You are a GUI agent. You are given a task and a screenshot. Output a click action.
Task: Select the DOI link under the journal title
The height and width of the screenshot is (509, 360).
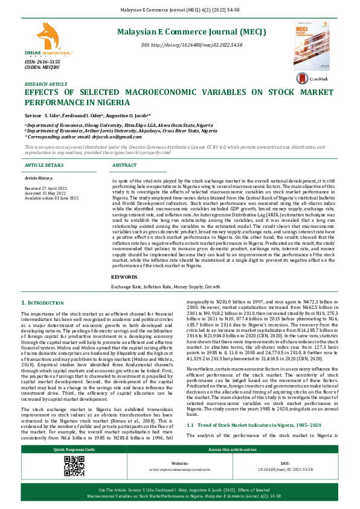tap(191, 45)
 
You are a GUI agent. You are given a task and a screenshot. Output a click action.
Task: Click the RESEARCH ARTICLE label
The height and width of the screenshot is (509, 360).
tap(46, 84)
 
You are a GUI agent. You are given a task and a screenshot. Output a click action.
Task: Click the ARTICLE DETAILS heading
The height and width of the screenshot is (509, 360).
tap(43, 165)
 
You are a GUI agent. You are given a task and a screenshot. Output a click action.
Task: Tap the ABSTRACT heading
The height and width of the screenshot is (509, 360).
tap(124, 165)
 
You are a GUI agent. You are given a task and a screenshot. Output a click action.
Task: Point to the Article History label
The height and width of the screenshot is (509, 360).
tap(39, 178)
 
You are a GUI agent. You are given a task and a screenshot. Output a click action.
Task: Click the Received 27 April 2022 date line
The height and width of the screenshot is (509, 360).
tap(51, 189)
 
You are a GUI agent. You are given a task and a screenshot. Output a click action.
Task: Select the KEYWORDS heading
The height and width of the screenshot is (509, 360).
tap(124, 276)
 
